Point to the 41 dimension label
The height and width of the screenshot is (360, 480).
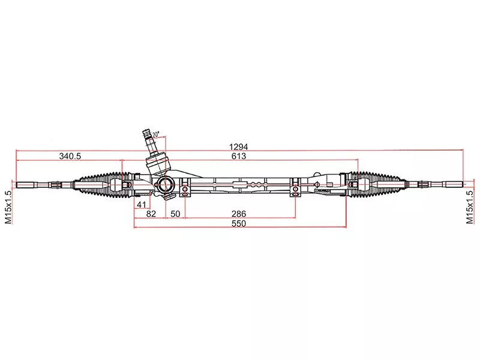tap(142, 205)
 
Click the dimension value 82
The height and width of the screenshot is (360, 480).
tap(151, 214)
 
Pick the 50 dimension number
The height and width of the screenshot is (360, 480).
tap(175, 214)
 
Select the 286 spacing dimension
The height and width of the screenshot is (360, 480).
tap(239, 214)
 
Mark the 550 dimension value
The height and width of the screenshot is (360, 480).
tap(239, 223)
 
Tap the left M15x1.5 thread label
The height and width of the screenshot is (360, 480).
tap(8, 208)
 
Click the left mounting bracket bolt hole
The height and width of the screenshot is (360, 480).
tap(185, 191)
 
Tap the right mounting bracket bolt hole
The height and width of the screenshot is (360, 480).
tap(295, 191)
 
